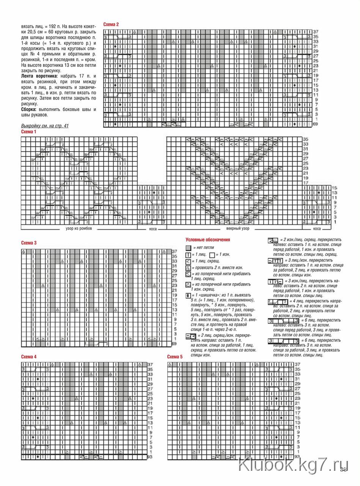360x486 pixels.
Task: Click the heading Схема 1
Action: (x=29, y=131)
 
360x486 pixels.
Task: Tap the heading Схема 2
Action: (x=111, y=24)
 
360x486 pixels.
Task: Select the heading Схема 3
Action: (x=29, y=243)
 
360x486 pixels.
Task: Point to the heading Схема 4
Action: (x=29, y=357)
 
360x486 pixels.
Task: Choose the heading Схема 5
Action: (x=175, y=357)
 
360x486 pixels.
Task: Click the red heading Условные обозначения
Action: (x=208, y=240)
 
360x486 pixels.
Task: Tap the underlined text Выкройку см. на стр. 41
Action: (x=45, y=126)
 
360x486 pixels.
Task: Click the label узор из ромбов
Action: (x=79, y=229)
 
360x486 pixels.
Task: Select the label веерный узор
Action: (x=238, y=229)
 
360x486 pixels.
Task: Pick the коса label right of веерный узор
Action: (x=317, y=229)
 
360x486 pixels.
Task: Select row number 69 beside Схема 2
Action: (x=316, y=124)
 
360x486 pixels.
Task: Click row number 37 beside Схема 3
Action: (x=174, y=251)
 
